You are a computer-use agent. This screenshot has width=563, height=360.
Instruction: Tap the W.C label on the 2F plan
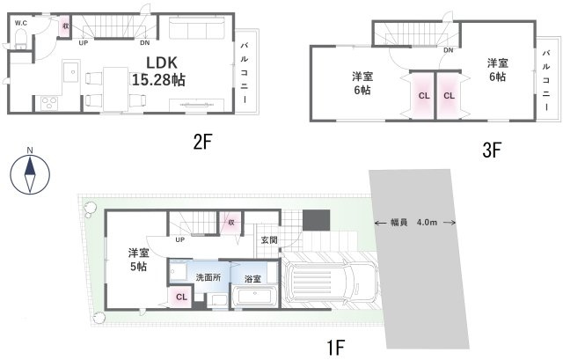point(20,24)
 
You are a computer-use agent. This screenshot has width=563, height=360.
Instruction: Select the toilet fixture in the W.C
point(19,37)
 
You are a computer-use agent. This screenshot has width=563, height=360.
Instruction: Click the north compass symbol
point(30,174)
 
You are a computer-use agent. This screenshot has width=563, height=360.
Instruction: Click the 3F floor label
point(491,150)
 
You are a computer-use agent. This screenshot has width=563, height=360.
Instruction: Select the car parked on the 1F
point(332,281)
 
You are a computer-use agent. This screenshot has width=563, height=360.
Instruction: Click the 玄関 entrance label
point(269,239)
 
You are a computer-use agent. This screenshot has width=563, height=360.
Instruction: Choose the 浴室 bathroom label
point(252,278)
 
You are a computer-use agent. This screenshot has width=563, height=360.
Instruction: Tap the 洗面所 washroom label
point(207,278)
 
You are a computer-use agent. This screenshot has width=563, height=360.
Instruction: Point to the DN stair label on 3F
point(448,50)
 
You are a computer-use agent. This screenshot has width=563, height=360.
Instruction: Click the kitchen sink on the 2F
point(73,70)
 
